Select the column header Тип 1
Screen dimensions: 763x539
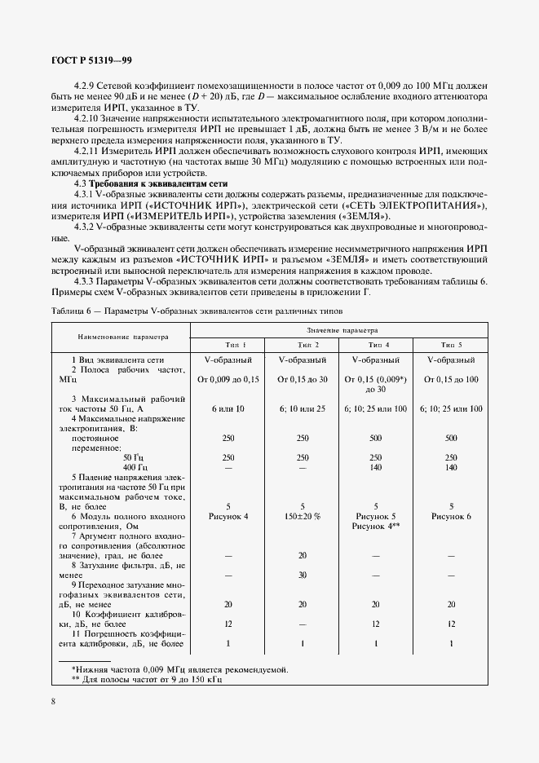tap(228, 345)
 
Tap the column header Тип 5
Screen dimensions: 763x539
tap(450, 345)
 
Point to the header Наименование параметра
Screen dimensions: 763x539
tap(122, 336)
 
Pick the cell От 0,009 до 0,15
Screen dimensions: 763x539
tap(228, 379)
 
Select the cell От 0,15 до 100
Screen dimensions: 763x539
tap(451, 379)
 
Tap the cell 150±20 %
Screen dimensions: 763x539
tap(303, 516)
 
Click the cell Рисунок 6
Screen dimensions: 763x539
tap(451, 516)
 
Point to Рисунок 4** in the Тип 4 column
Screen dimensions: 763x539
tap(375, 527)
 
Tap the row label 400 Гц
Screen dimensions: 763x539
tap(112, 468)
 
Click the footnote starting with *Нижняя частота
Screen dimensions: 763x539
tap(179, 669)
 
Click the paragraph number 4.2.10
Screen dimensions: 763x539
tap(86, 118)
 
